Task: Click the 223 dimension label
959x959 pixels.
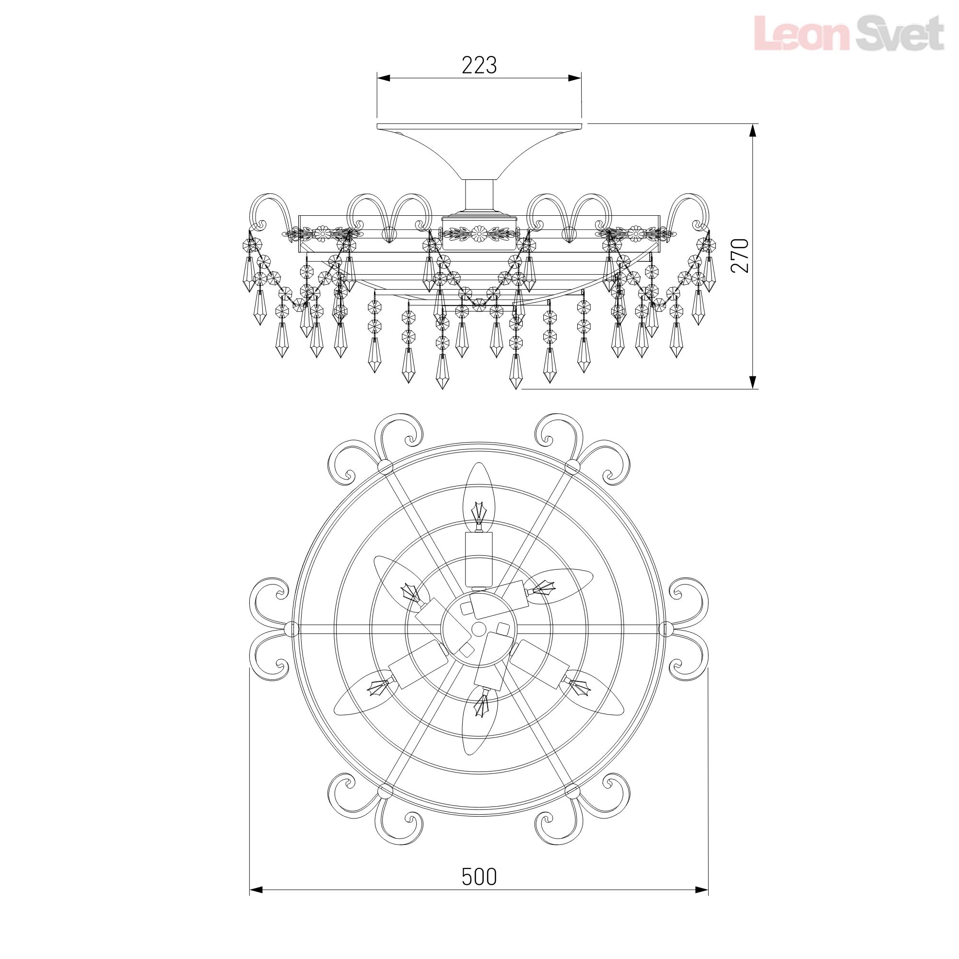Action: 479,65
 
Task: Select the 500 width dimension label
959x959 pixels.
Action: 479,877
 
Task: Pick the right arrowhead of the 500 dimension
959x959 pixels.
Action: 702,890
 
